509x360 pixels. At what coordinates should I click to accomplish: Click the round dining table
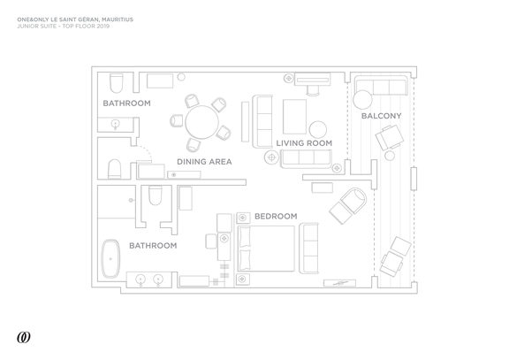[x=201, y=122]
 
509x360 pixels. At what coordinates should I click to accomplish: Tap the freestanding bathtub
[x=110, y=259]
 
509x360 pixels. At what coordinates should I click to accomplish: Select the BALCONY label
[x=382, y=116]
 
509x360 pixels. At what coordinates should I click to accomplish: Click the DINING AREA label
[x=204, y=162]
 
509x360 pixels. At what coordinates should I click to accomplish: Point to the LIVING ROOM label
[x=304, y=143]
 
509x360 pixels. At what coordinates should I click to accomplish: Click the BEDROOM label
[x=276, y=216]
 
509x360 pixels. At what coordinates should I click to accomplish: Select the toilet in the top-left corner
[x=117, y=83]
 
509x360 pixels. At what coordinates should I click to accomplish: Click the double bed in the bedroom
[x=266, y=249]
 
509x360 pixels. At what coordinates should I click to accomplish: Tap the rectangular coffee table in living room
[x=294, y=117]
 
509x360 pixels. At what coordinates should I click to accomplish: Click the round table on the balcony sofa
[x=362, y=100]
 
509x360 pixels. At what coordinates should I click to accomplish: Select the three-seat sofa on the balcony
[x=381, y=86]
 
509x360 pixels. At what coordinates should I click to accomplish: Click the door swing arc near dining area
[x=146, y=151]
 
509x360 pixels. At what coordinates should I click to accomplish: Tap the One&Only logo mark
[x=24, y=337]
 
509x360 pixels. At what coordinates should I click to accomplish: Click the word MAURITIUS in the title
[x=118, y=19]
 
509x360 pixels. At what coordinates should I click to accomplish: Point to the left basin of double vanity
[x=141, y=280]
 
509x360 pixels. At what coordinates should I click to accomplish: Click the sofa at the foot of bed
[x=308, y=249]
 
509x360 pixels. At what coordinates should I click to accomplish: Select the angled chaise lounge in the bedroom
[x=347, y=205]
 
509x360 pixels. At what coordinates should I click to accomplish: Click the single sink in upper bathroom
[x=115, y=124]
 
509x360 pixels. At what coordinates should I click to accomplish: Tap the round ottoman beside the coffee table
[x=318, y=129]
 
